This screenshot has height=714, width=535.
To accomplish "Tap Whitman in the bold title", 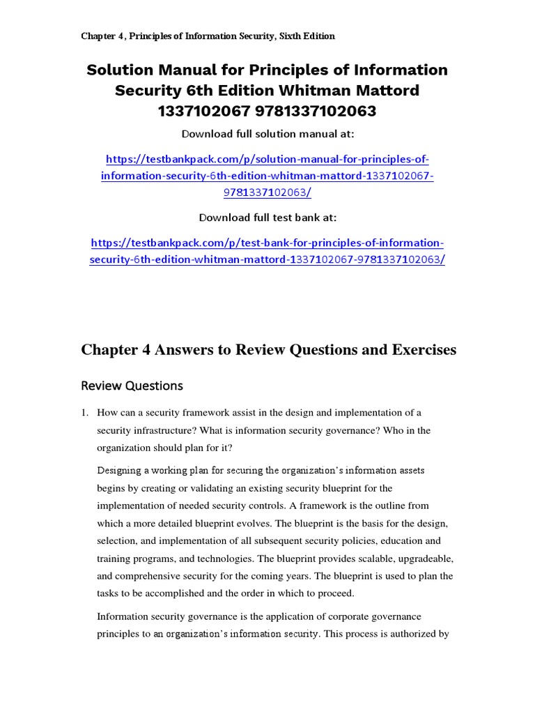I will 330,91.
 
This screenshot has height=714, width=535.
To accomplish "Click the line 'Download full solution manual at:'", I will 267,134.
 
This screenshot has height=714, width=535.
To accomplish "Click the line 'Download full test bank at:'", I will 267,218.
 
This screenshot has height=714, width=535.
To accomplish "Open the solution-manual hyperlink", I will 267,176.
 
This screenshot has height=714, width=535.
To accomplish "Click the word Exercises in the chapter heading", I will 417,349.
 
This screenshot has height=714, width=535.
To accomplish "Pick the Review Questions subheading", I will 132,386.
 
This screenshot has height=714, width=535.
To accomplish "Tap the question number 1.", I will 84,413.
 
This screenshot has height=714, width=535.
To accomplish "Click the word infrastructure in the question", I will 171,431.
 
